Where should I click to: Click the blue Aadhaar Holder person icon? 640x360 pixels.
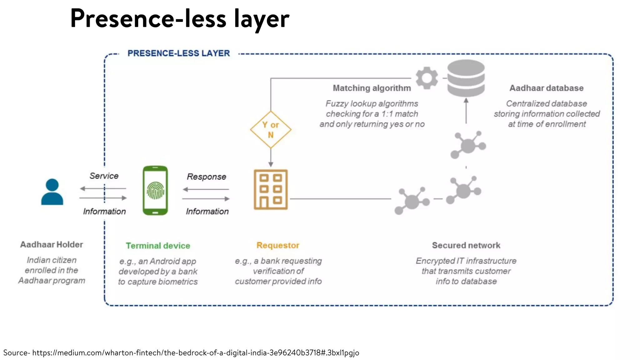pos(52,192)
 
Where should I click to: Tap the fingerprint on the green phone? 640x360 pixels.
pos(155,191)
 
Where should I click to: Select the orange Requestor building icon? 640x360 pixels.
pos(271,190)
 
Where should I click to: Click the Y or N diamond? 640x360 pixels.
pos(271,130)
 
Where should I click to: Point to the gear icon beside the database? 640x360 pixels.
pos(427,78)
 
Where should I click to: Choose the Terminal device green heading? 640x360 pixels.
pos(158,246)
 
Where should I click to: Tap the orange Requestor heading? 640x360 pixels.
pos(278,245)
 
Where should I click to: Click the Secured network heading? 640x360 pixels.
pos(466,245)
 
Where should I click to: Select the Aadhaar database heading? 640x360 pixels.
pos(546,88)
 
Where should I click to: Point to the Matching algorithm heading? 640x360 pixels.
pos(372,88)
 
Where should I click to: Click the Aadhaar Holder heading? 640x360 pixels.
pos(52,244)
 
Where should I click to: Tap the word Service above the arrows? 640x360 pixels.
pos(104,176)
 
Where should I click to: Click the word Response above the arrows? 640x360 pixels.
pos(206,177)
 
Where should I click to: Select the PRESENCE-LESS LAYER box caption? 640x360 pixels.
pos(178,53)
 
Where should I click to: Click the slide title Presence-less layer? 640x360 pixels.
pos(180,19)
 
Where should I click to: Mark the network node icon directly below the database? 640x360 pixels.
pos(468,145)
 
